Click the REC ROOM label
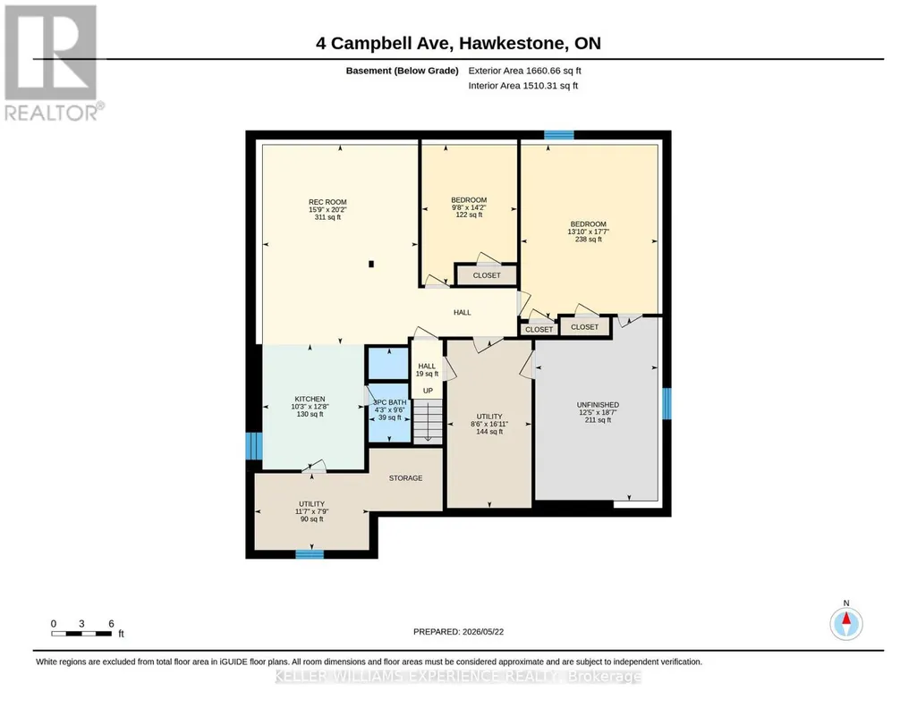(327, 202)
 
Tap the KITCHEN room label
(310, 399)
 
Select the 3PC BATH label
(390, 402)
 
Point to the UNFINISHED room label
(598, 405)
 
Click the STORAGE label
(405, 478)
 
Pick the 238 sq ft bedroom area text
(589, 239)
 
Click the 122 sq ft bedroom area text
(469, 215)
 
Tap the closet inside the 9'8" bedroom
(487, 275)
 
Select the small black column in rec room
(370, 264)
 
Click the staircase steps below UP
(428, 421)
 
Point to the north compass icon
(845, 623)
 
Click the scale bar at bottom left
(81, 634)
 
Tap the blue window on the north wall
(559, 136)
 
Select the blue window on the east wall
(667, 404)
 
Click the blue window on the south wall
(310, 554)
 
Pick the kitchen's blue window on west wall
(254, 446)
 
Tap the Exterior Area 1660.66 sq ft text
(524, 71)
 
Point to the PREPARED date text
(458, 631)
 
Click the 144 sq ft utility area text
(489, 432)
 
